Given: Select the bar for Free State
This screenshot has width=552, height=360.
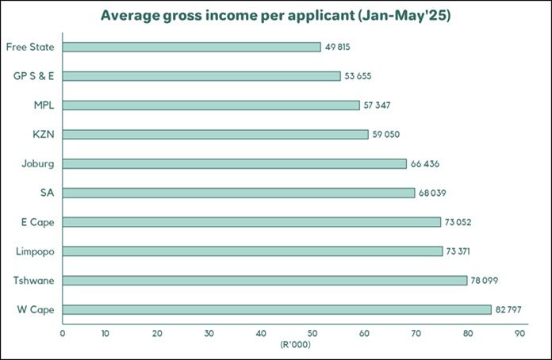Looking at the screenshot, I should (191, 47).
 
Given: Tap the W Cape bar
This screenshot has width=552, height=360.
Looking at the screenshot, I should (277, 309).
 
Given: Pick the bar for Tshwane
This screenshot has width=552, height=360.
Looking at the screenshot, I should (265, 280).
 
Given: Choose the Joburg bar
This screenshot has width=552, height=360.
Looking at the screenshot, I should (234, 163).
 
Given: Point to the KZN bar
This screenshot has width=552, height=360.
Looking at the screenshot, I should (215, 134).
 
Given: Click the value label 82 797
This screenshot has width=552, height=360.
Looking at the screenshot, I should (508, 309).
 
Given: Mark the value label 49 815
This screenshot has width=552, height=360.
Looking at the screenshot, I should (338, 47).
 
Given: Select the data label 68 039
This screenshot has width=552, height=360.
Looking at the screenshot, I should (432, 193).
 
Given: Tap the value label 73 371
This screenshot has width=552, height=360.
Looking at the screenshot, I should (460, 251).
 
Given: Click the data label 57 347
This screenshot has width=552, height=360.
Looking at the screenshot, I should (377, 105).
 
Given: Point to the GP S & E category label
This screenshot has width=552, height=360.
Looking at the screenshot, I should (34, 76).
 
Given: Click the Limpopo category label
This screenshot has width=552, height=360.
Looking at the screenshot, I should (34, 251).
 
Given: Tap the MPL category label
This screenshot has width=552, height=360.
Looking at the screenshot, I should (44, 105).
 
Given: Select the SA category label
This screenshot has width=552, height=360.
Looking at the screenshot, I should (47, 193).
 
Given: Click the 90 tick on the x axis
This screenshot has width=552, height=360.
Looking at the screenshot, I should (520, 334).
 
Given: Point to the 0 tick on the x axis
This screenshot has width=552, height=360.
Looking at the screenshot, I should (62, 334).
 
